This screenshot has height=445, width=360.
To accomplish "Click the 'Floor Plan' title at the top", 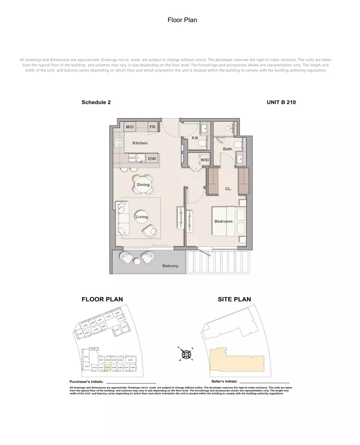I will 182,20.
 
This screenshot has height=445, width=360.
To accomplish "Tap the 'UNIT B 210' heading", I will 281,102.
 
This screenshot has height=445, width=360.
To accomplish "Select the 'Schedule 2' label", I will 96,102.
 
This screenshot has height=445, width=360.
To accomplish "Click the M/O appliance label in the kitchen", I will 130,127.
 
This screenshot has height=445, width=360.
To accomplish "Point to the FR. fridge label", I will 153,127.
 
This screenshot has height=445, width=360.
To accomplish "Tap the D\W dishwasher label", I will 152,159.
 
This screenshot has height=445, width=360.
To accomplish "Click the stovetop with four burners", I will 118,142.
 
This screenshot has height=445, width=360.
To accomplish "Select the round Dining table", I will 143,185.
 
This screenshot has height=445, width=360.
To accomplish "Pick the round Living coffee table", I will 142,217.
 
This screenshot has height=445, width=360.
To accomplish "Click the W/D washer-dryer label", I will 205,160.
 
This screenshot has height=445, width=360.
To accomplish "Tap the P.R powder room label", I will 195,138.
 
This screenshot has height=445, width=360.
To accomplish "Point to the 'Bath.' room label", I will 228,149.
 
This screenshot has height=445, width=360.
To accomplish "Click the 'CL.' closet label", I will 228,189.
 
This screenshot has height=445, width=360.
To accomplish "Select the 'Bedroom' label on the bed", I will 223,221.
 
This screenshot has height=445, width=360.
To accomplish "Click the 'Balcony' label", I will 170,266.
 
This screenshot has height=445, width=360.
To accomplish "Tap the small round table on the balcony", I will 137,262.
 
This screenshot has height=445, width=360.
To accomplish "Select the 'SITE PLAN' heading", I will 234,299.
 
